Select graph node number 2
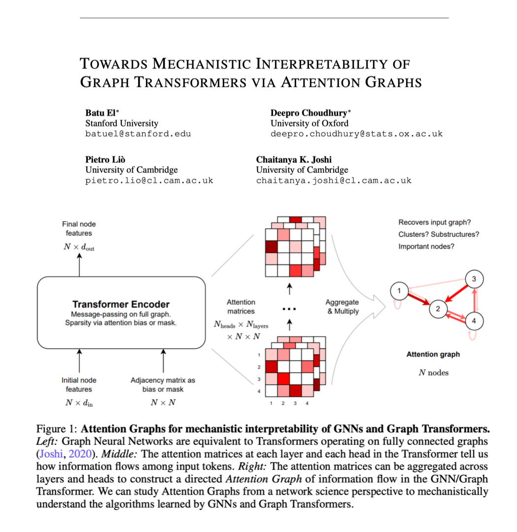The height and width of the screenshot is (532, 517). [437, 309]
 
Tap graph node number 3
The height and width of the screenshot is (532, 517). [474, 279]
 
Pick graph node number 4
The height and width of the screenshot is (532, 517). [474, 321]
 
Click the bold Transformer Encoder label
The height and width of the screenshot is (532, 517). [121, 304]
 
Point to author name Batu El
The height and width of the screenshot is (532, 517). [99, 113]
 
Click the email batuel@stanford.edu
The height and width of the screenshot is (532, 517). [138, 133]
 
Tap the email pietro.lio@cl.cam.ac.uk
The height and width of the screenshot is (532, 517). [149, 180]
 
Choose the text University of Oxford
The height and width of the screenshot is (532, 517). [309, 123]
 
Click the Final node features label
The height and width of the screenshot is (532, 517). [79, 229]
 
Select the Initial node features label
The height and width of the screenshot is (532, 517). [79, 385]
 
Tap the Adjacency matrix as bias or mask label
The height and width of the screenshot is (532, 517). [163, 385]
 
